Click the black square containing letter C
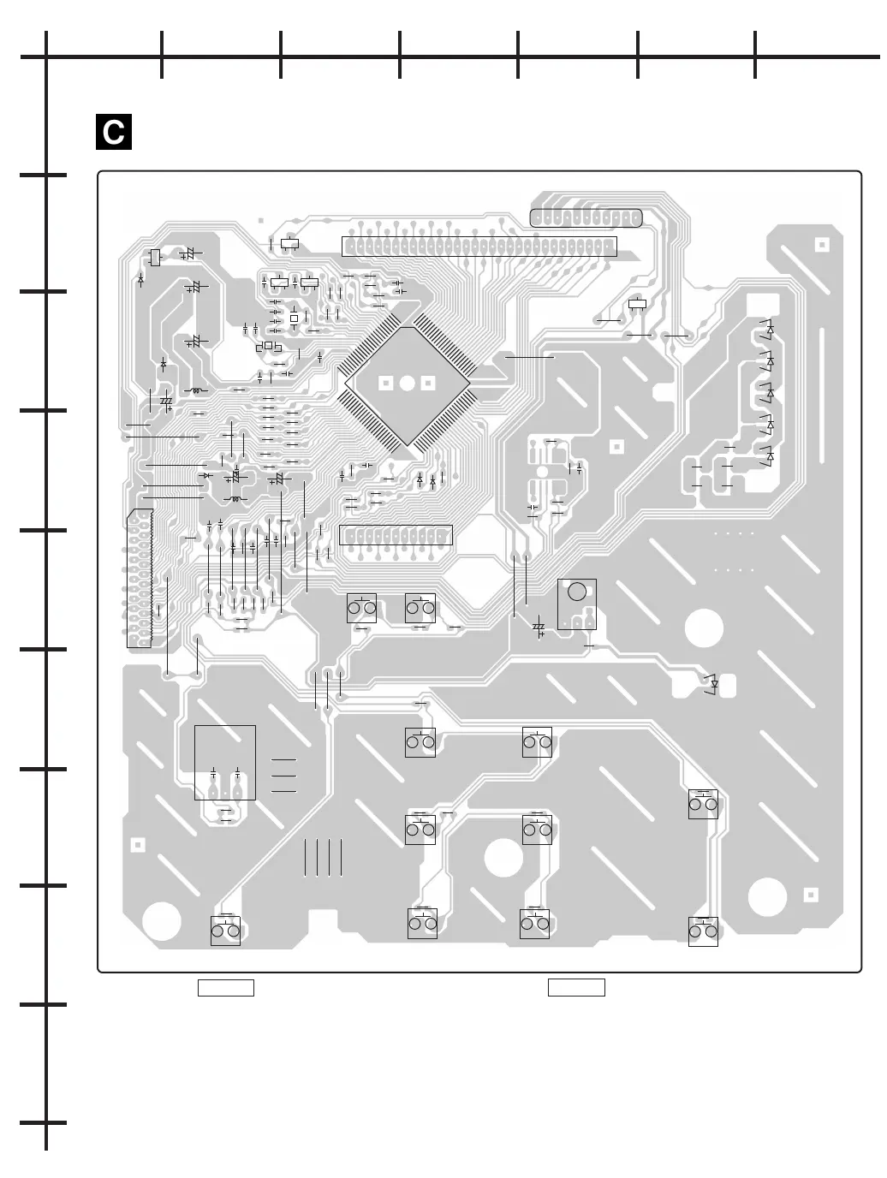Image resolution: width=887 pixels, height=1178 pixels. [114, 132]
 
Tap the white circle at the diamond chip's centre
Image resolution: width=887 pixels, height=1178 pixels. [408, 384]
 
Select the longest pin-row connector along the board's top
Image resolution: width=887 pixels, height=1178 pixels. [479, 246]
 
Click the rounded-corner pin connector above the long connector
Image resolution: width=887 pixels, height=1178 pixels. [586, 217]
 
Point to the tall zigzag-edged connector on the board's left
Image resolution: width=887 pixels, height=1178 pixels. [140, 579]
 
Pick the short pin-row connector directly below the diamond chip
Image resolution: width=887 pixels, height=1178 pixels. [396, 537]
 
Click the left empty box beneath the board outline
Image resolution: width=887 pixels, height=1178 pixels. [226, 987]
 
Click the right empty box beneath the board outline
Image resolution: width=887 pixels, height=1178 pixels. [576, 987]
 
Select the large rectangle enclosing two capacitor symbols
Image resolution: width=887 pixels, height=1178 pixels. [225, 762]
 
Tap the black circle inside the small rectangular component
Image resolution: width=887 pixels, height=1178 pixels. [578, 592]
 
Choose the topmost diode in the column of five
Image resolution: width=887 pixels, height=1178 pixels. [770, 329]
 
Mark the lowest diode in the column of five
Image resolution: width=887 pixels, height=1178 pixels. [770, 457]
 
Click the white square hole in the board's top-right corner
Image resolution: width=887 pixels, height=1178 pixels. [821, 244]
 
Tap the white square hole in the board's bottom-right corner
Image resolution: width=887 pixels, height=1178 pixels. [811, 895]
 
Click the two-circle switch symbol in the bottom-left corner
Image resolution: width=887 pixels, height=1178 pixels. [225, 931]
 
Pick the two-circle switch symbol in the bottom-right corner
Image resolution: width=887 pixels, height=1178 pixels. [703, 931]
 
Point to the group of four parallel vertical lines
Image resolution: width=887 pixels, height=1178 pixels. [323, 857]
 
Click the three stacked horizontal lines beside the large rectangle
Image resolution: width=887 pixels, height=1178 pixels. [283, 776]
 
